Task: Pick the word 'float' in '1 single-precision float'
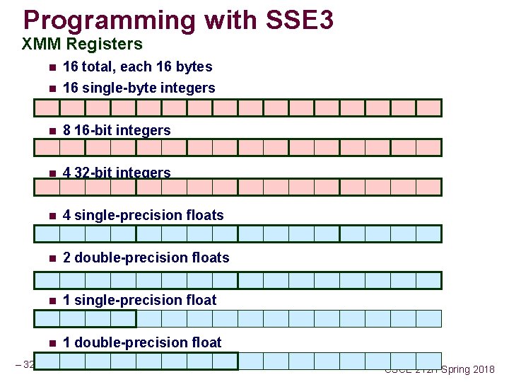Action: point(199,300)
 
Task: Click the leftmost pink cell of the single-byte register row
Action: point(47,108)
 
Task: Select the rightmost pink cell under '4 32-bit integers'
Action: point(428,187)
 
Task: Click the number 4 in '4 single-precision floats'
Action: point(66,215)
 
